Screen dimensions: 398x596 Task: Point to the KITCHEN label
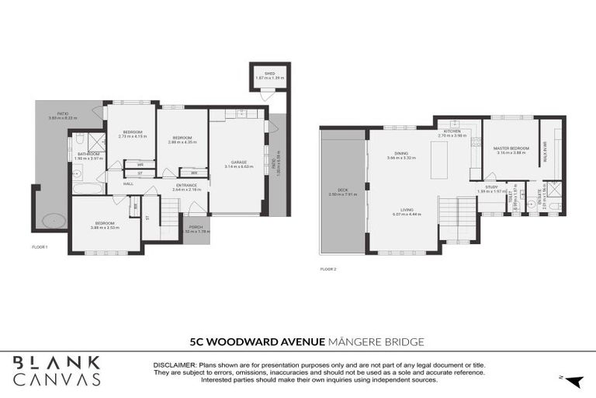452,132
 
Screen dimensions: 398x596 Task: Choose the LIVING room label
406,209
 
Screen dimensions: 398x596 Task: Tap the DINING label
401,154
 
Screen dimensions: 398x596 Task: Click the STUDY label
491,187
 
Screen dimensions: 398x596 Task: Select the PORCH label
196,227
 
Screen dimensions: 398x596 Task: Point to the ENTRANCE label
186,186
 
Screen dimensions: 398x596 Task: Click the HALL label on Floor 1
127,184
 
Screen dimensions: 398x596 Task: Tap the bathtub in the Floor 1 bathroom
82,188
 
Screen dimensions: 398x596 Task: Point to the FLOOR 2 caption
328,269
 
